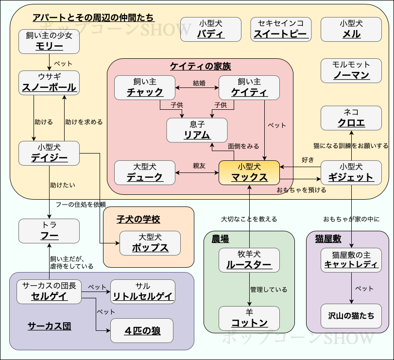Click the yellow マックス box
249,172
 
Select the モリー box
49,41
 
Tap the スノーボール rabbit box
49,83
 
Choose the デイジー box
49,153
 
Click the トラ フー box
49,231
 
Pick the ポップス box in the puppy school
150,243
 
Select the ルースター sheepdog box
249,260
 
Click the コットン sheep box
249,318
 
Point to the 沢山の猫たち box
351,316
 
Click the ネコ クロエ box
351,118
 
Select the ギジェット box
351,172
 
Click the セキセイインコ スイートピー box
281,29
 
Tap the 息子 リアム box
197,130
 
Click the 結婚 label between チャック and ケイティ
199,83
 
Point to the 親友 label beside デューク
199,166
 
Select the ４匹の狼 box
142,331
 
